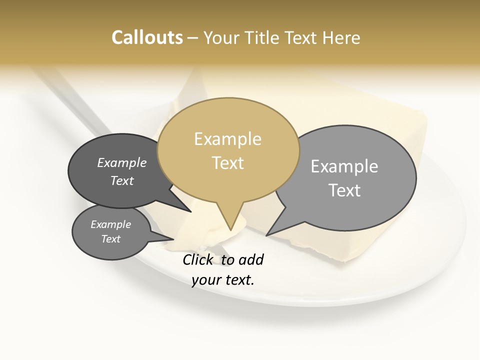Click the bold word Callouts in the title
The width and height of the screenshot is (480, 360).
(147, 37)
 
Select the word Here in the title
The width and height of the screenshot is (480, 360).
(340, 37)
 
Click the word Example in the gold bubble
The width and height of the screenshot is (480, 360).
(228, 139)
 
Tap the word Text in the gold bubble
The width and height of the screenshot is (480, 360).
(228, 163)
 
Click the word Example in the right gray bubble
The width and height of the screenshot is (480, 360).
(344, 166)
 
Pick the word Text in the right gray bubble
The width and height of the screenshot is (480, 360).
(344, 190)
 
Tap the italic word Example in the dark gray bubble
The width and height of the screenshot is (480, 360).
(122, 163)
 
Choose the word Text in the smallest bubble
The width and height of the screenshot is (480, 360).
(111, 239)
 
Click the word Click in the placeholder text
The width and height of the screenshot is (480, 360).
(199, 259)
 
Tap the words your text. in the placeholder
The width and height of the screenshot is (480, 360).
(223, 280)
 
